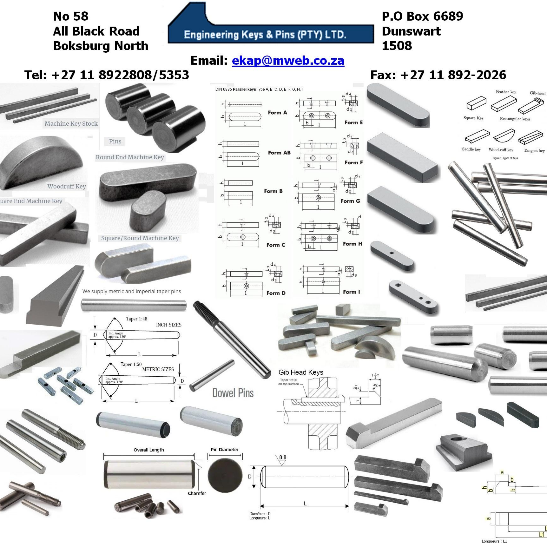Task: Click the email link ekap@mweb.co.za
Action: point(288,60)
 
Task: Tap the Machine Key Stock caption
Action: point(71,123)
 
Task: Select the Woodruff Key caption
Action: point(67,186)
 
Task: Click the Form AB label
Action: point(279,153)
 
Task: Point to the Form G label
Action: point(350,201)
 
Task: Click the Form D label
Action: point(276,293)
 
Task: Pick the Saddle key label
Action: point(471,149)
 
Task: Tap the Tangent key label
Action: point(534,150)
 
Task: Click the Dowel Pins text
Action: point(233,393)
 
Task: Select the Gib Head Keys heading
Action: point(301,372)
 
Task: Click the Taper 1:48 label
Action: point(136,319)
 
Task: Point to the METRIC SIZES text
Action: point(158,369)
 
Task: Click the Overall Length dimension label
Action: point(148,450)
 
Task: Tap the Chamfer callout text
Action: point(197,493)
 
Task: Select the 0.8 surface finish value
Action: point(283,457)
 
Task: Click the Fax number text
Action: point(438,75)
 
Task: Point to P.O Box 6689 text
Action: point(422,16)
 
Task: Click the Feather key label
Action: point(506,92)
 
